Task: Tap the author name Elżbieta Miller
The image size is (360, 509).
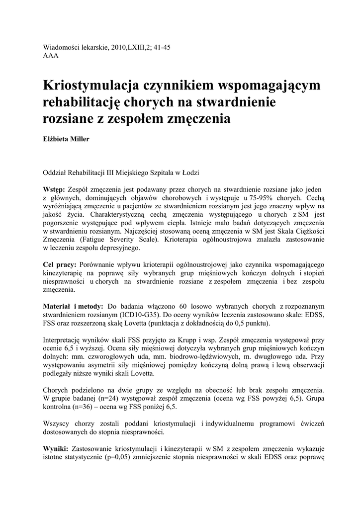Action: [67, 139]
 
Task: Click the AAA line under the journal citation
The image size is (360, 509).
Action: [51, 56]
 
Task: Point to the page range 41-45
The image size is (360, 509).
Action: [162, 47]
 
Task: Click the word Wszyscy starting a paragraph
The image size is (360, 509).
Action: [57, 424]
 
